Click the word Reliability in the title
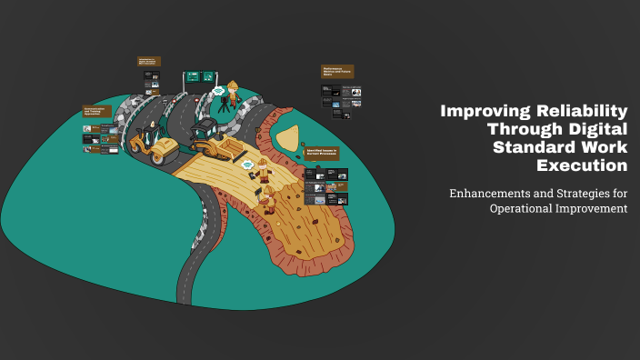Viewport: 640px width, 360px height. [583, 111]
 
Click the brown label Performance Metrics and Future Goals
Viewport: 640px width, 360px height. [336, 70]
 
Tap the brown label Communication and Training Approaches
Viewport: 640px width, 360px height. [97, 111]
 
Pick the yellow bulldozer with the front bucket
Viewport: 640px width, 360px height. [213, 137]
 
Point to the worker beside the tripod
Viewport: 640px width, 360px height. [234, 97]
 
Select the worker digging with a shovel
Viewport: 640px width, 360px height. [268, 198]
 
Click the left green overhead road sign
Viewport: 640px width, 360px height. [193, 76]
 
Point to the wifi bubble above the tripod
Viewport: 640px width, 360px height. [218, 91]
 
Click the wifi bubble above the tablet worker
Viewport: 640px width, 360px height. [247, 165]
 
